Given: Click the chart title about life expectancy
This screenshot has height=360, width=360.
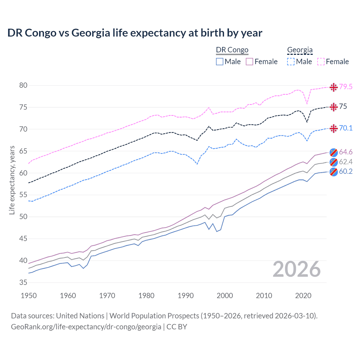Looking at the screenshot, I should [135, 33].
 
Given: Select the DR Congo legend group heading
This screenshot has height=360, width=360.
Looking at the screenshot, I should [232, 50].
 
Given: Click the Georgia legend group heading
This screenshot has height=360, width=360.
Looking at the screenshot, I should [300, 50].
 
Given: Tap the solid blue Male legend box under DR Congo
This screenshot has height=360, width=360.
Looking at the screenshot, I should [220, 62].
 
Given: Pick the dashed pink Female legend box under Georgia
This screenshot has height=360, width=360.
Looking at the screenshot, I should [321, 62].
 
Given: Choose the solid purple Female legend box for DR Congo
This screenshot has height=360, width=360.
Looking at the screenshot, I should [249, 62].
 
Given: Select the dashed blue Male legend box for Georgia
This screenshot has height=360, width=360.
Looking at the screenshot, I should [291, 62].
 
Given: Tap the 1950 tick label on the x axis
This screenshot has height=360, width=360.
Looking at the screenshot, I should [29, 296].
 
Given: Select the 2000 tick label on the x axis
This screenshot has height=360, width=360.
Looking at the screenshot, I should [225, 296].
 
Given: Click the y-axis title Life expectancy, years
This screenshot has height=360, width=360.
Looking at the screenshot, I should [12, 180].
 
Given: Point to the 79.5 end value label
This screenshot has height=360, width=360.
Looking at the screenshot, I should [346, 87].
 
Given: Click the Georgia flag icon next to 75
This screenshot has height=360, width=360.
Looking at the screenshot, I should [334, 107].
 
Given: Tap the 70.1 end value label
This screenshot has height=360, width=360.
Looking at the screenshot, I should [346, 128].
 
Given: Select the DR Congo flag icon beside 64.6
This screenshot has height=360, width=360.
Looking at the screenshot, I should [334, 152].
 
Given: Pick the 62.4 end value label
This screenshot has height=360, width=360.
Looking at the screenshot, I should [346, 162].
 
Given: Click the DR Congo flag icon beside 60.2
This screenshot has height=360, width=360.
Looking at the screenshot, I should [334, 172].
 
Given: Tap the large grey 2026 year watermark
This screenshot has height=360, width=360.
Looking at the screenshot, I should [296, 269].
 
